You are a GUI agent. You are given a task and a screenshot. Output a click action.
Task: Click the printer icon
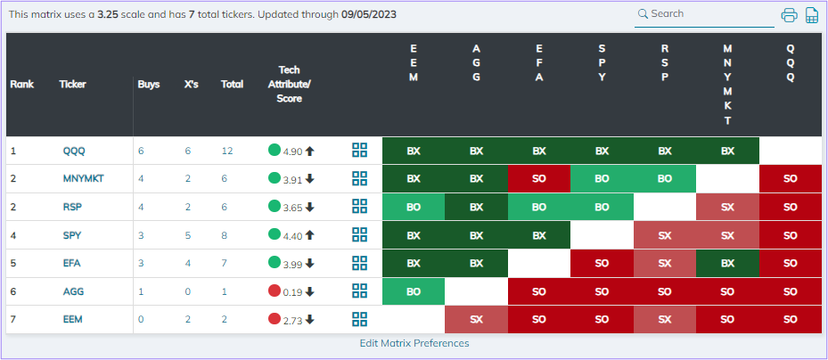[x=789, y=15]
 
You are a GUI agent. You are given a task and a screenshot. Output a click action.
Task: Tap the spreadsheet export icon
[x=812, y=15]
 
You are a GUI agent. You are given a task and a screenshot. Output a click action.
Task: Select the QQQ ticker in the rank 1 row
[x=73, y=151]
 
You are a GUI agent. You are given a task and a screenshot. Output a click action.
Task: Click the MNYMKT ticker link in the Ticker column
[x=83, y=178]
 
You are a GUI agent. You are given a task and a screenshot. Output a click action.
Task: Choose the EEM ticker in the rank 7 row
[x=73, y=319]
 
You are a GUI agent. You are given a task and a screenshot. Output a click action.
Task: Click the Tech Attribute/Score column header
[x=289, y=84]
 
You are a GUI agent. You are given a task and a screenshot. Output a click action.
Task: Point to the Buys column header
[x=149, y=85]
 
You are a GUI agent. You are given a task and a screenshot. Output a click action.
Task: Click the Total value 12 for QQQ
[x=227, y=151]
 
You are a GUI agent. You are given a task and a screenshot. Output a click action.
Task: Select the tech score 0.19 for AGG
[x=293, y=291]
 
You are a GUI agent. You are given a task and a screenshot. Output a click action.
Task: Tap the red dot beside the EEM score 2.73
[x=275, y=318]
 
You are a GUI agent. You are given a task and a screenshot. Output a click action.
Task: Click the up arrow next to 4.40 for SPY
[x=310, y=235]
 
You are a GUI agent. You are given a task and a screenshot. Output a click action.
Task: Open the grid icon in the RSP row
[x=360, y=207]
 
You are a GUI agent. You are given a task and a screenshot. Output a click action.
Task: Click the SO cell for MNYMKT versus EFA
[x=539, y=178]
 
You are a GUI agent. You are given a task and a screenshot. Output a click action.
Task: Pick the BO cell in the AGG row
[x=414, y=291]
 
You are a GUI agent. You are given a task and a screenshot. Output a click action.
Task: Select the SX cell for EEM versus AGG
[x=476, y=319]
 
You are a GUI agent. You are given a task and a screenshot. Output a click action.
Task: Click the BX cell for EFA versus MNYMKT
[x=727, y=263]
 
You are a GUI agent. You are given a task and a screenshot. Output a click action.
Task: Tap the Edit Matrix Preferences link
[x=414, y=343]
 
